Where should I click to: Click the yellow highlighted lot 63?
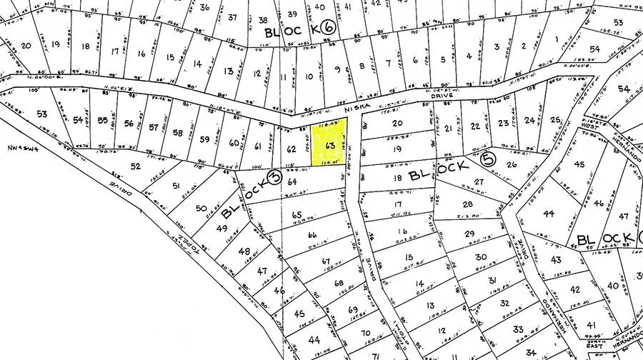(330, 145)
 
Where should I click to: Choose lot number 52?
(135, 166)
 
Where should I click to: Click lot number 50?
(201, 209)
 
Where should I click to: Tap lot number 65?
(297, 214)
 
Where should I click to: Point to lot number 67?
(327, 261)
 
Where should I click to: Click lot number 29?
(469, 234)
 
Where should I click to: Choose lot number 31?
(492, 279)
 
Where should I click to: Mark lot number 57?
(153, 128)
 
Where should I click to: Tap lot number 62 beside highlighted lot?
(291, 149)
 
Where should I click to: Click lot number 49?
(221, 229)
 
